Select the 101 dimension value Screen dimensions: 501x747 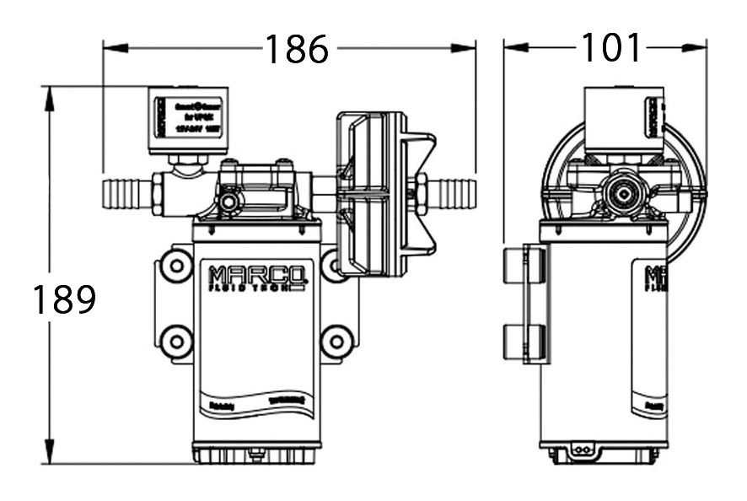610,48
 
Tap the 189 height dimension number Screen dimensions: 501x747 64,299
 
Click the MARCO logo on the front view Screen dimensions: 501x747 256,277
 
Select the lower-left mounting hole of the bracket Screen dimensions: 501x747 176,342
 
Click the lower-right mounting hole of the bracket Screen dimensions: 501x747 336,342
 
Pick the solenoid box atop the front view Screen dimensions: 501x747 188,119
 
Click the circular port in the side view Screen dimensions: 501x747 623,192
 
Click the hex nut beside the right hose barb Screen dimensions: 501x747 420,193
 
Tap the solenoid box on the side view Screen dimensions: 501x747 623,119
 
